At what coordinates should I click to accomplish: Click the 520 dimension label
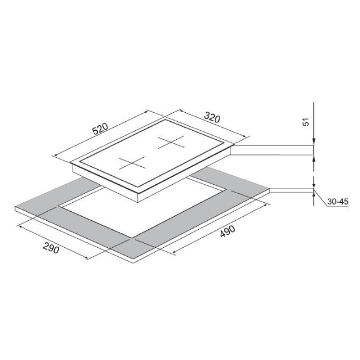coord(100,129)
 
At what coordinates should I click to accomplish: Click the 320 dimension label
coord(212,118)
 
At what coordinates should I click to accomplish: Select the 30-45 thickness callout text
coord(338,202)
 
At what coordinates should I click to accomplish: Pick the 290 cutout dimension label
coord(51,248)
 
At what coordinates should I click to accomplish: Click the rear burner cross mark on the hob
coord(171,142)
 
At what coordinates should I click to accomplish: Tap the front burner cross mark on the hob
coord(132,163)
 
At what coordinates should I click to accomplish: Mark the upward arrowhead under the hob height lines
coord(314,158)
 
